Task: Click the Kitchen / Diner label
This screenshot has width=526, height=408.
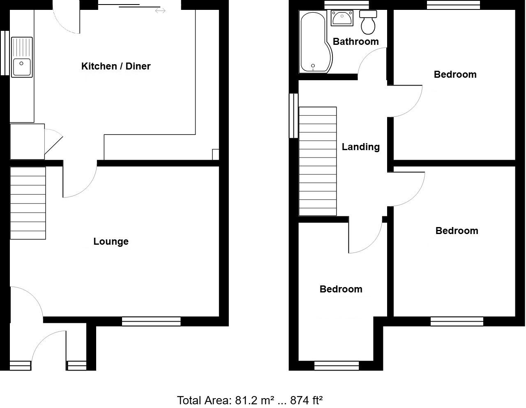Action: (x=116, y=66)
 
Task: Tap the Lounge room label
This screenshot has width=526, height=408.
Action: (x=111, y=241)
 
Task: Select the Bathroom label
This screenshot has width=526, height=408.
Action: (x=355, y=42)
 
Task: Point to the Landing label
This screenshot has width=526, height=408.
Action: (x=361, y=147)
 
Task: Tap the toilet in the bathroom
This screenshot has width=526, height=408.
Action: (x=368, y=23)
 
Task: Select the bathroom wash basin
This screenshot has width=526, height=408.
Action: (x=341, y=19)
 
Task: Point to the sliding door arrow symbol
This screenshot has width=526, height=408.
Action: (x=160, y=11)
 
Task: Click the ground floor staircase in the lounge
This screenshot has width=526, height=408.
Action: (x=28, y=203)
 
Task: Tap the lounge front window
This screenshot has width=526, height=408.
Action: (x=151, y=321)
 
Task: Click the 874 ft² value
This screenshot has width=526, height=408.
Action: (x=306, y=400)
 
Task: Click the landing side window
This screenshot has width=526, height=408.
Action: (x=293, y=116)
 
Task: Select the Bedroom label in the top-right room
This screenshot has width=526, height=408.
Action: (x=455, y=74)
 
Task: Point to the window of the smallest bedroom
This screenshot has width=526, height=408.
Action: (x=337, y=366)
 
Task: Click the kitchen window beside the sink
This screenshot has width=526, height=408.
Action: (x=5, y=53)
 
